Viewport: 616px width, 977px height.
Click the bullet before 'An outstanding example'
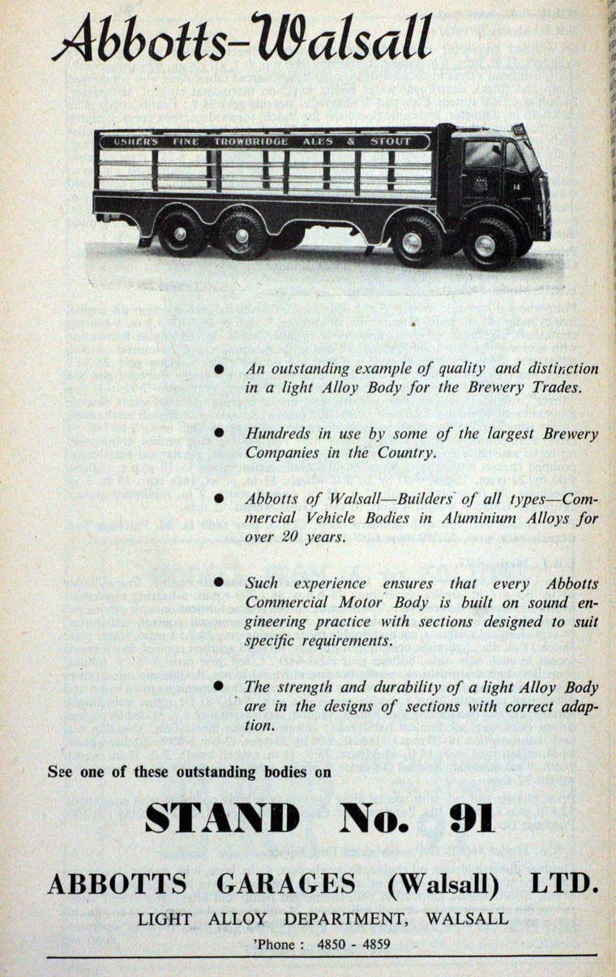pos(219,370)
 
